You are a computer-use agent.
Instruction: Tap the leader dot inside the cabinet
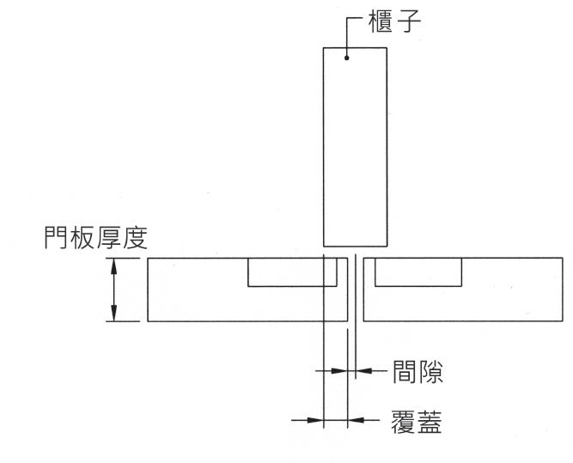[346, 58]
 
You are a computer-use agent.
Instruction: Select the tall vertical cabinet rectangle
[354, 146]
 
